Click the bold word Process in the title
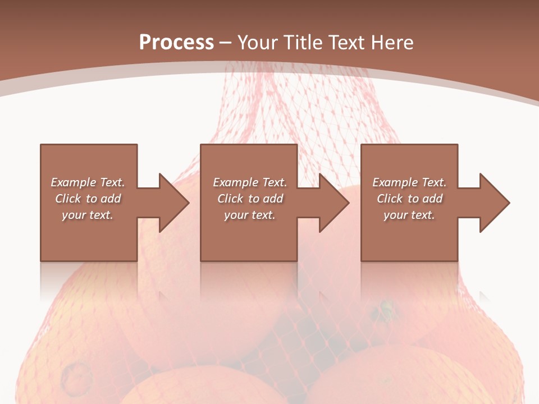click(x=176, y=43)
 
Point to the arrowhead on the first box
click(x=171, y=203)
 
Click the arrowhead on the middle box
click(x=332, y=203)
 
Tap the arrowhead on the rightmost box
click(x=492, y=203)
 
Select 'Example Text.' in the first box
click(x=88, y=182)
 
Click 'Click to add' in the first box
click(x=88, y=199)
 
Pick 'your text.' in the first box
click(x=88, y=215)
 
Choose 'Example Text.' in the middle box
click(x=249, y=182)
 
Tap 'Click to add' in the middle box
click(x=249, y=199)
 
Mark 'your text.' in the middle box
click(x=249, y=215)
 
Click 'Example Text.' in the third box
click(x=409, y=182)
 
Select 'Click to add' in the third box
click(x=409, y=199)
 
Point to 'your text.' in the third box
click(x=409, y=215)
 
